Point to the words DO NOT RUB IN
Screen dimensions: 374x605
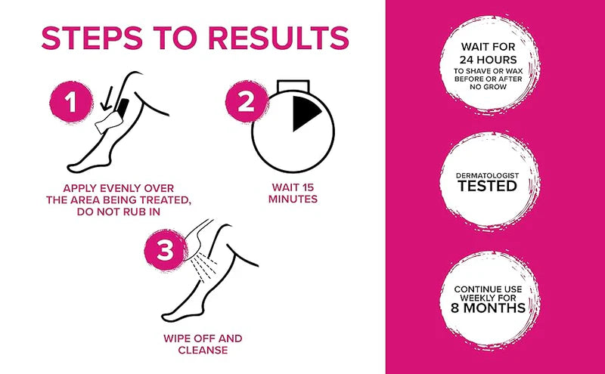(120, 212)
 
